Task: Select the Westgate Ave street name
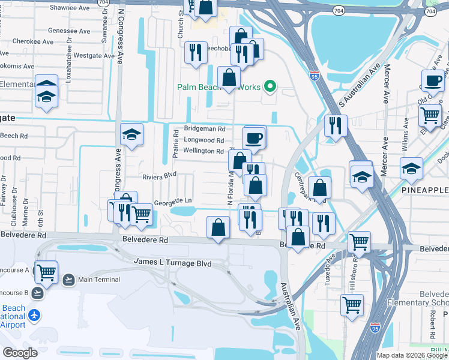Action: pos(94,56)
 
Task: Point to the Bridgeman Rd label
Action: pos(204,129)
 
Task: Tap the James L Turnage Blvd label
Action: pos(172,262)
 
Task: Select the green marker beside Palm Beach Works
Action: pos(270,87)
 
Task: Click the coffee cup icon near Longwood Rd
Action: pos(254,138)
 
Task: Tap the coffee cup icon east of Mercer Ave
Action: pos(432,80)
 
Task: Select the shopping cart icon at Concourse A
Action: pos(46,272)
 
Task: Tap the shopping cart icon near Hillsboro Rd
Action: pos(359,242)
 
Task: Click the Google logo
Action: pos(20,352)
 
